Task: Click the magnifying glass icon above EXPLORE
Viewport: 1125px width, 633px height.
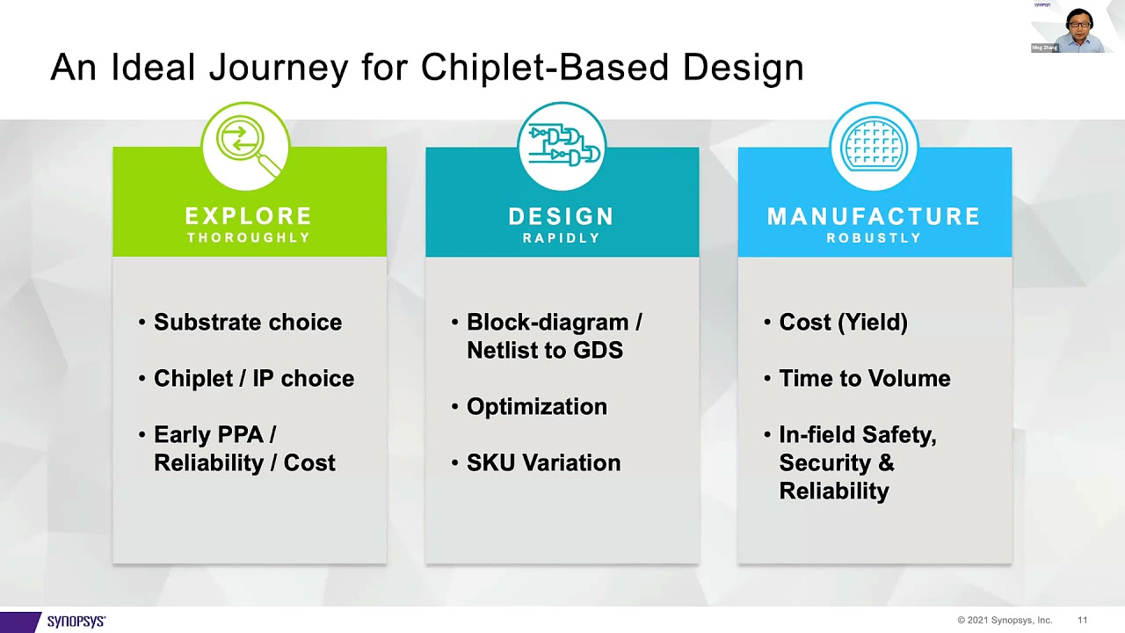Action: coord(245,145)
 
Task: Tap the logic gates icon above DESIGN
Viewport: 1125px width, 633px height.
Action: coord(562,145)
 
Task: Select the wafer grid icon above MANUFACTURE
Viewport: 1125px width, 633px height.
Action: coord(874,145)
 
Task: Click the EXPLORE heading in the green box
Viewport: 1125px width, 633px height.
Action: coord(249,216)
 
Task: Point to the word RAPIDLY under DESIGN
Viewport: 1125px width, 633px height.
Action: coord(562,238)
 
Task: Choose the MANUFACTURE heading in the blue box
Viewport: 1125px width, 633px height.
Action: coord(874,216)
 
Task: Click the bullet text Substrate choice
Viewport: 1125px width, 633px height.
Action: coord(247,323)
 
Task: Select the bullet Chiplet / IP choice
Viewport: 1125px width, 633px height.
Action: coord(253,379)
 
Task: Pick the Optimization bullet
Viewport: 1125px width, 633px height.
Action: coord(536,407)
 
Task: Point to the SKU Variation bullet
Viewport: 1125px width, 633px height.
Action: coord(543,463)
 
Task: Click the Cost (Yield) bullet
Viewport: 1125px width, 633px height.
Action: coord(843,323)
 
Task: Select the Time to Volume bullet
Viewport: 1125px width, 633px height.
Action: coord(864,379)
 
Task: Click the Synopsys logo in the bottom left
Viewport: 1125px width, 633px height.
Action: coord(76,621)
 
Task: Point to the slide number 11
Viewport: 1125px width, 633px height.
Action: coord(1083,621)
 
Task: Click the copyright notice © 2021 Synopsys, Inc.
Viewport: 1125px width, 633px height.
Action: coord(1005,621)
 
